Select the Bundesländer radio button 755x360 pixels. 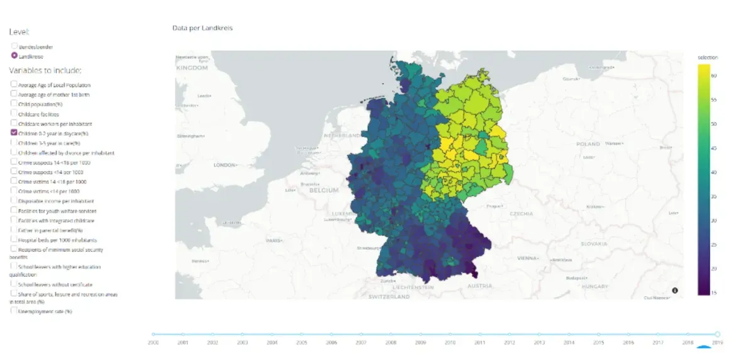pyautogui.click(x=14, y=46)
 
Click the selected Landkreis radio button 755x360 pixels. pyautogui.click(x=14, y=55)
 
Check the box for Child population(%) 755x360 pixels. pyautogui.click(x=14, y=103)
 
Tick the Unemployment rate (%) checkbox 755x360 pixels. pyautogui.click(x=14, y=311)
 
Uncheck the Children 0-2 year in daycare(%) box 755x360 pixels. pyautogui.click(x=14, y=133)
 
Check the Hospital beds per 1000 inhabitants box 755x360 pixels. pyautogui.click(x=14, y=240)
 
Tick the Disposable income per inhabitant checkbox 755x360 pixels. pyautogui.click(x=14, y=201)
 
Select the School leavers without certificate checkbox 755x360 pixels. pyautogui.click(x=14, y=284)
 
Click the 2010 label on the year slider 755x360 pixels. pyautogui.click(x=450, y=342)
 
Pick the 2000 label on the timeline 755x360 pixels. pyautogui.click(x=153, y=342)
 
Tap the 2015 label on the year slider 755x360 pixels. pyautogui.click(x=598, y=342)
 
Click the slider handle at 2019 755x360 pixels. pyautogui.click(x=717, y=334)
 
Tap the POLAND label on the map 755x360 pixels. pyautogui.click(x=588, y=144)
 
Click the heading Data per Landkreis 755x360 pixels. pyautogui.click(x=203, y=28)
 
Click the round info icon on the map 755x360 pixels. pyautogui.click(x=675, y=290)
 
